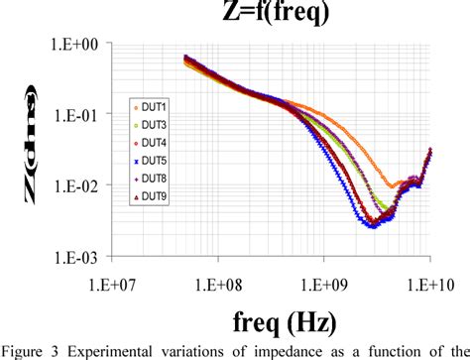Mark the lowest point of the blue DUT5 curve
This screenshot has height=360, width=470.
pos(370,226)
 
